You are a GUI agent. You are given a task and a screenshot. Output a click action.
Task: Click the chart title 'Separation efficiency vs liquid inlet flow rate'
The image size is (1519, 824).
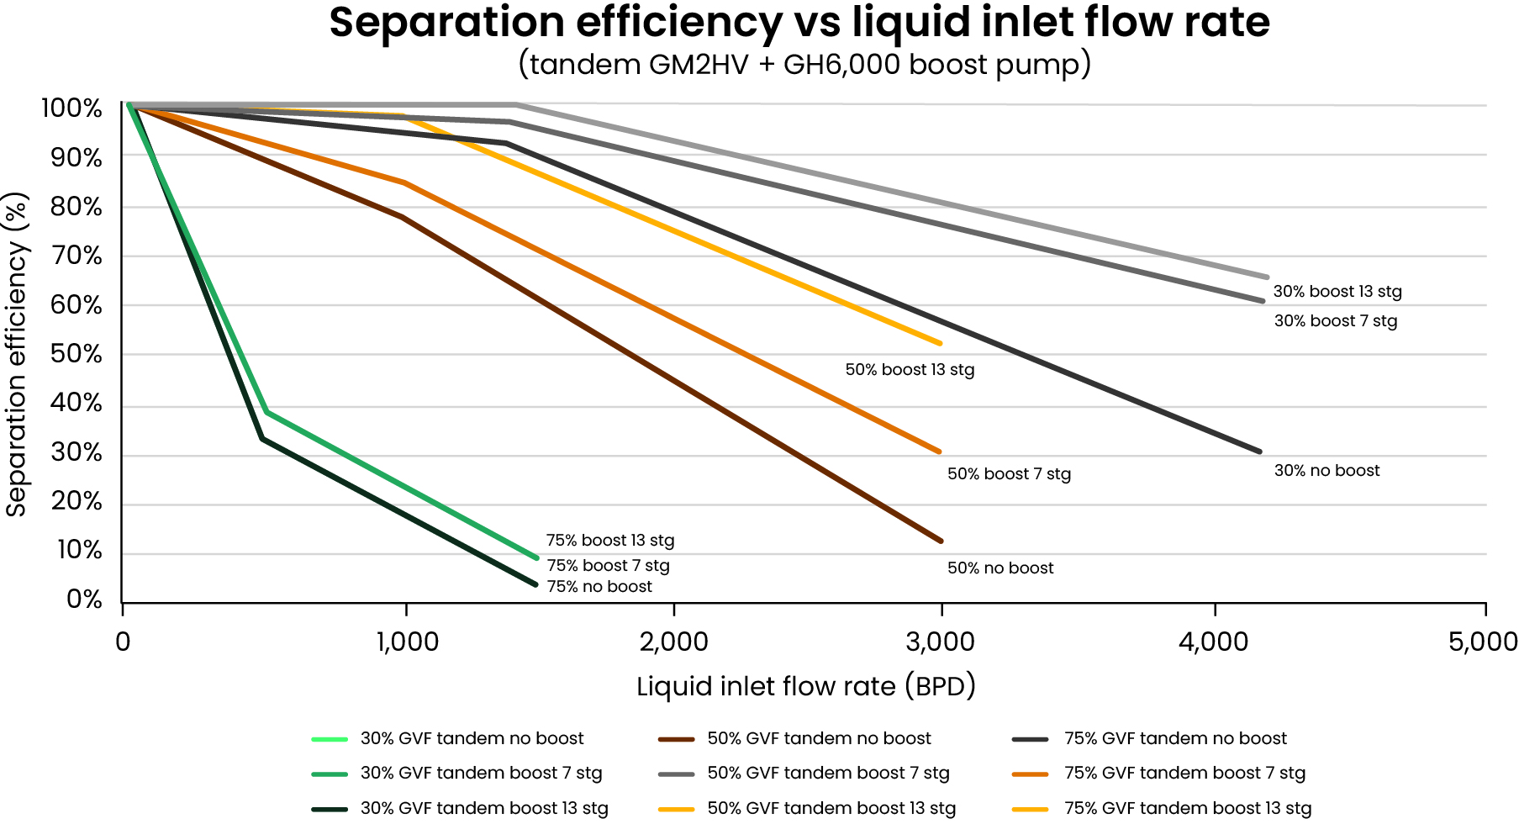pos(799,23)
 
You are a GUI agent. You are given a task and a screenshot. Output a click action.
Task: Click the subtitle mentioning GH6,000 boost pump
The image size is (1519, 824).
pos(804,64)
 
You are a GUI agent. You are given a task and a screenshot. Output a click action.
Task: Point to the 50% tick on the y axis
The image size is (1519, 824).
pos(76,354)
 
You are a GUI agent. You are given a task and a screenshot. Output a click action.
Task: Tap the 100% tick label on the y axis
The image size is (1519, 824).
pos(71,108)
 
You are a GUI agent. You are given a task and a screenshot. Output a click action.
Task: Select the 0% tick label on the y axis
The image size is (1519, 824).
pos(84,600)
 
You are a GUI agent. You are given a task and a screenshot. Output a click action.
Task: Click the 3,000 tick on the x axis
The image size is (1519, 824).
pos(941,642)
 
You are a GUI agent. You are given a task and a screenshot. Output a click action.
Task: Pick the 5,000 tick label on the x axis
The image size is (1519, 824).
pos(1482,642)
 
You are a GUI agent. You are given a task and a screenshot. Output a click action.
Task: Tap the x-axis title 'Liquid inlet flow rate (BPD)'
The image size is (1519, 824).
pos(805,687)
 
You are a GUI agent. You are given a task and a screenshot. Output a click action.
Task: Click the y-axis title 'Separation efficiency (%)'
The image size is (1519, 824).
pos(17,354)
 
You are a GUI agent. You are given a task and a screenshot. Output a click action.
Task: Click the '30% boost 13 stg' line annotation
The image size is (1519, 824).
pos(1337,292)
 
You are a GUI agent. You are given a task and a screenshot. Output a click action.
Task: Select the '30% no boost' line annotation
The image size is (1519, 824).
pos(1326,471)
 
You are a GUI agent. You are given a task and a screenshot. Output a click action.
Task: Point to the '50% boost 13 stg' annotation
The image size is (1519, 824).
pos(910,370)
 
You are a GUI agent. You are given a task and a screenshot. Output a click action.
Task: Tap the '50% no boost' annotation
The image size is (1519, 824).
pos(999,568)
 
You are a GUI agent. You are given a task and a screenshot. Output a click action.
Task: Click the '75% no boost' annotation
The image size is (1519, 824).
pos(599,587)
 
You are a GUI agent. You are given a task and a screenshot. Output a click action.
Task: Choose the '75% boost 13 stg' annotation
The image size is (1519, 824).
pos(610,541)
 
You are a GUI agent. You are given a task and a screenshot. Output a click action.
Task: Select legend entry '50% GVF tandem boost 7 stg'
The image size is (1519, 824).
pos(828,774)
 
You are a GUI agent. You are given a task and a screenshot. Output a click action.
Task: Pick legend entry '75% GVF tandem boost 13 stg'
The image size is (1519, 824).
pos(1187,809)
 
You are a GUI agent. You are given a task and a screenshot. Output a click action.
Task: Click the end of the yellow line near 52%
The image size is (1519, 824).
pos(940,343)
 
